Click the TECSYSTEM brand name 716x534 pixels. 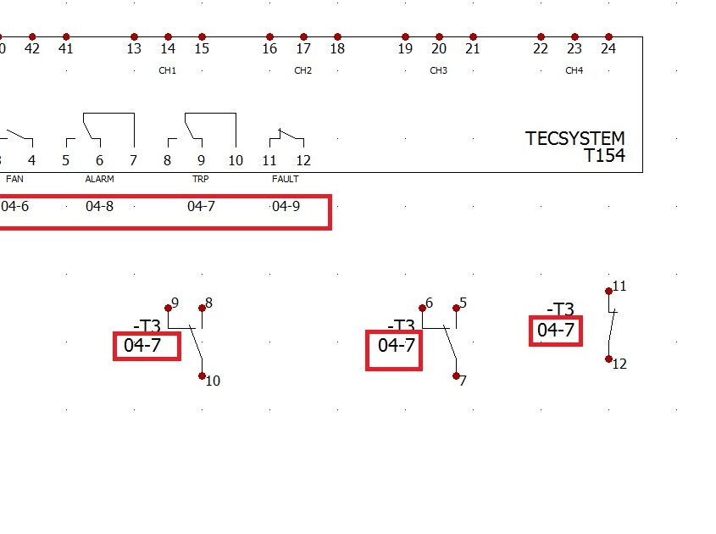[x=574, y=138]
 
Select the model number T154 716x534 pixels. [x=605, y=155]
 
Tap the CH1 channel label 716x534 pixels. [x=167, y=70]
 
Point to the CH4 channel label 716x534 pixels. [x=574, y=70]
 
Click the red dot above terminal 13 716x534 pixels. [x=134, y=36]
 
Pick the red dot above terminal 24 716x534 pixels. [x=608, y=36]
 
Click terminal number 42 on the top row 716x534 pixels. [x=32, y=48]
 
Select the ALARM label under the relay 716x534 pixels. [x=99, y=179]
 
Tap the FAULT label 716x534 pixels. [x=286, y=179]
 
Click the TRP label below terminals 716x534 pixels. [x=201, y=179]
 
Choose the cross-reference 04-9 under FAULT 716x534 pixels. [x=286, y=207]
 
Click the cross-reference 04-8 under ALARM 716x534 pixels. [x=99, y=207]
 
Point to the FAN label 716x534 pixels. [x=14, y=179]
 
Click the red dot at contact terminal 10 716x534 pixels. [x=203, y=376]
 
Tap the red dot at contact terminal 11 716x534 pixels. [x=608, y=291]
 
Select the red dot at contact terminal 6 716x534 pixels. [x=422, y=309]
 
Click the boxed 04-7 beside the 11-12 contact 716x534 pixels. [x=556, y=331]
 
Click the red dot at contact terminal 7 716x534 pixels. [x=456, y=376]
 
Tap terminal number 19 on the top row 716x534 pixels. [x=405, y=48]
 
